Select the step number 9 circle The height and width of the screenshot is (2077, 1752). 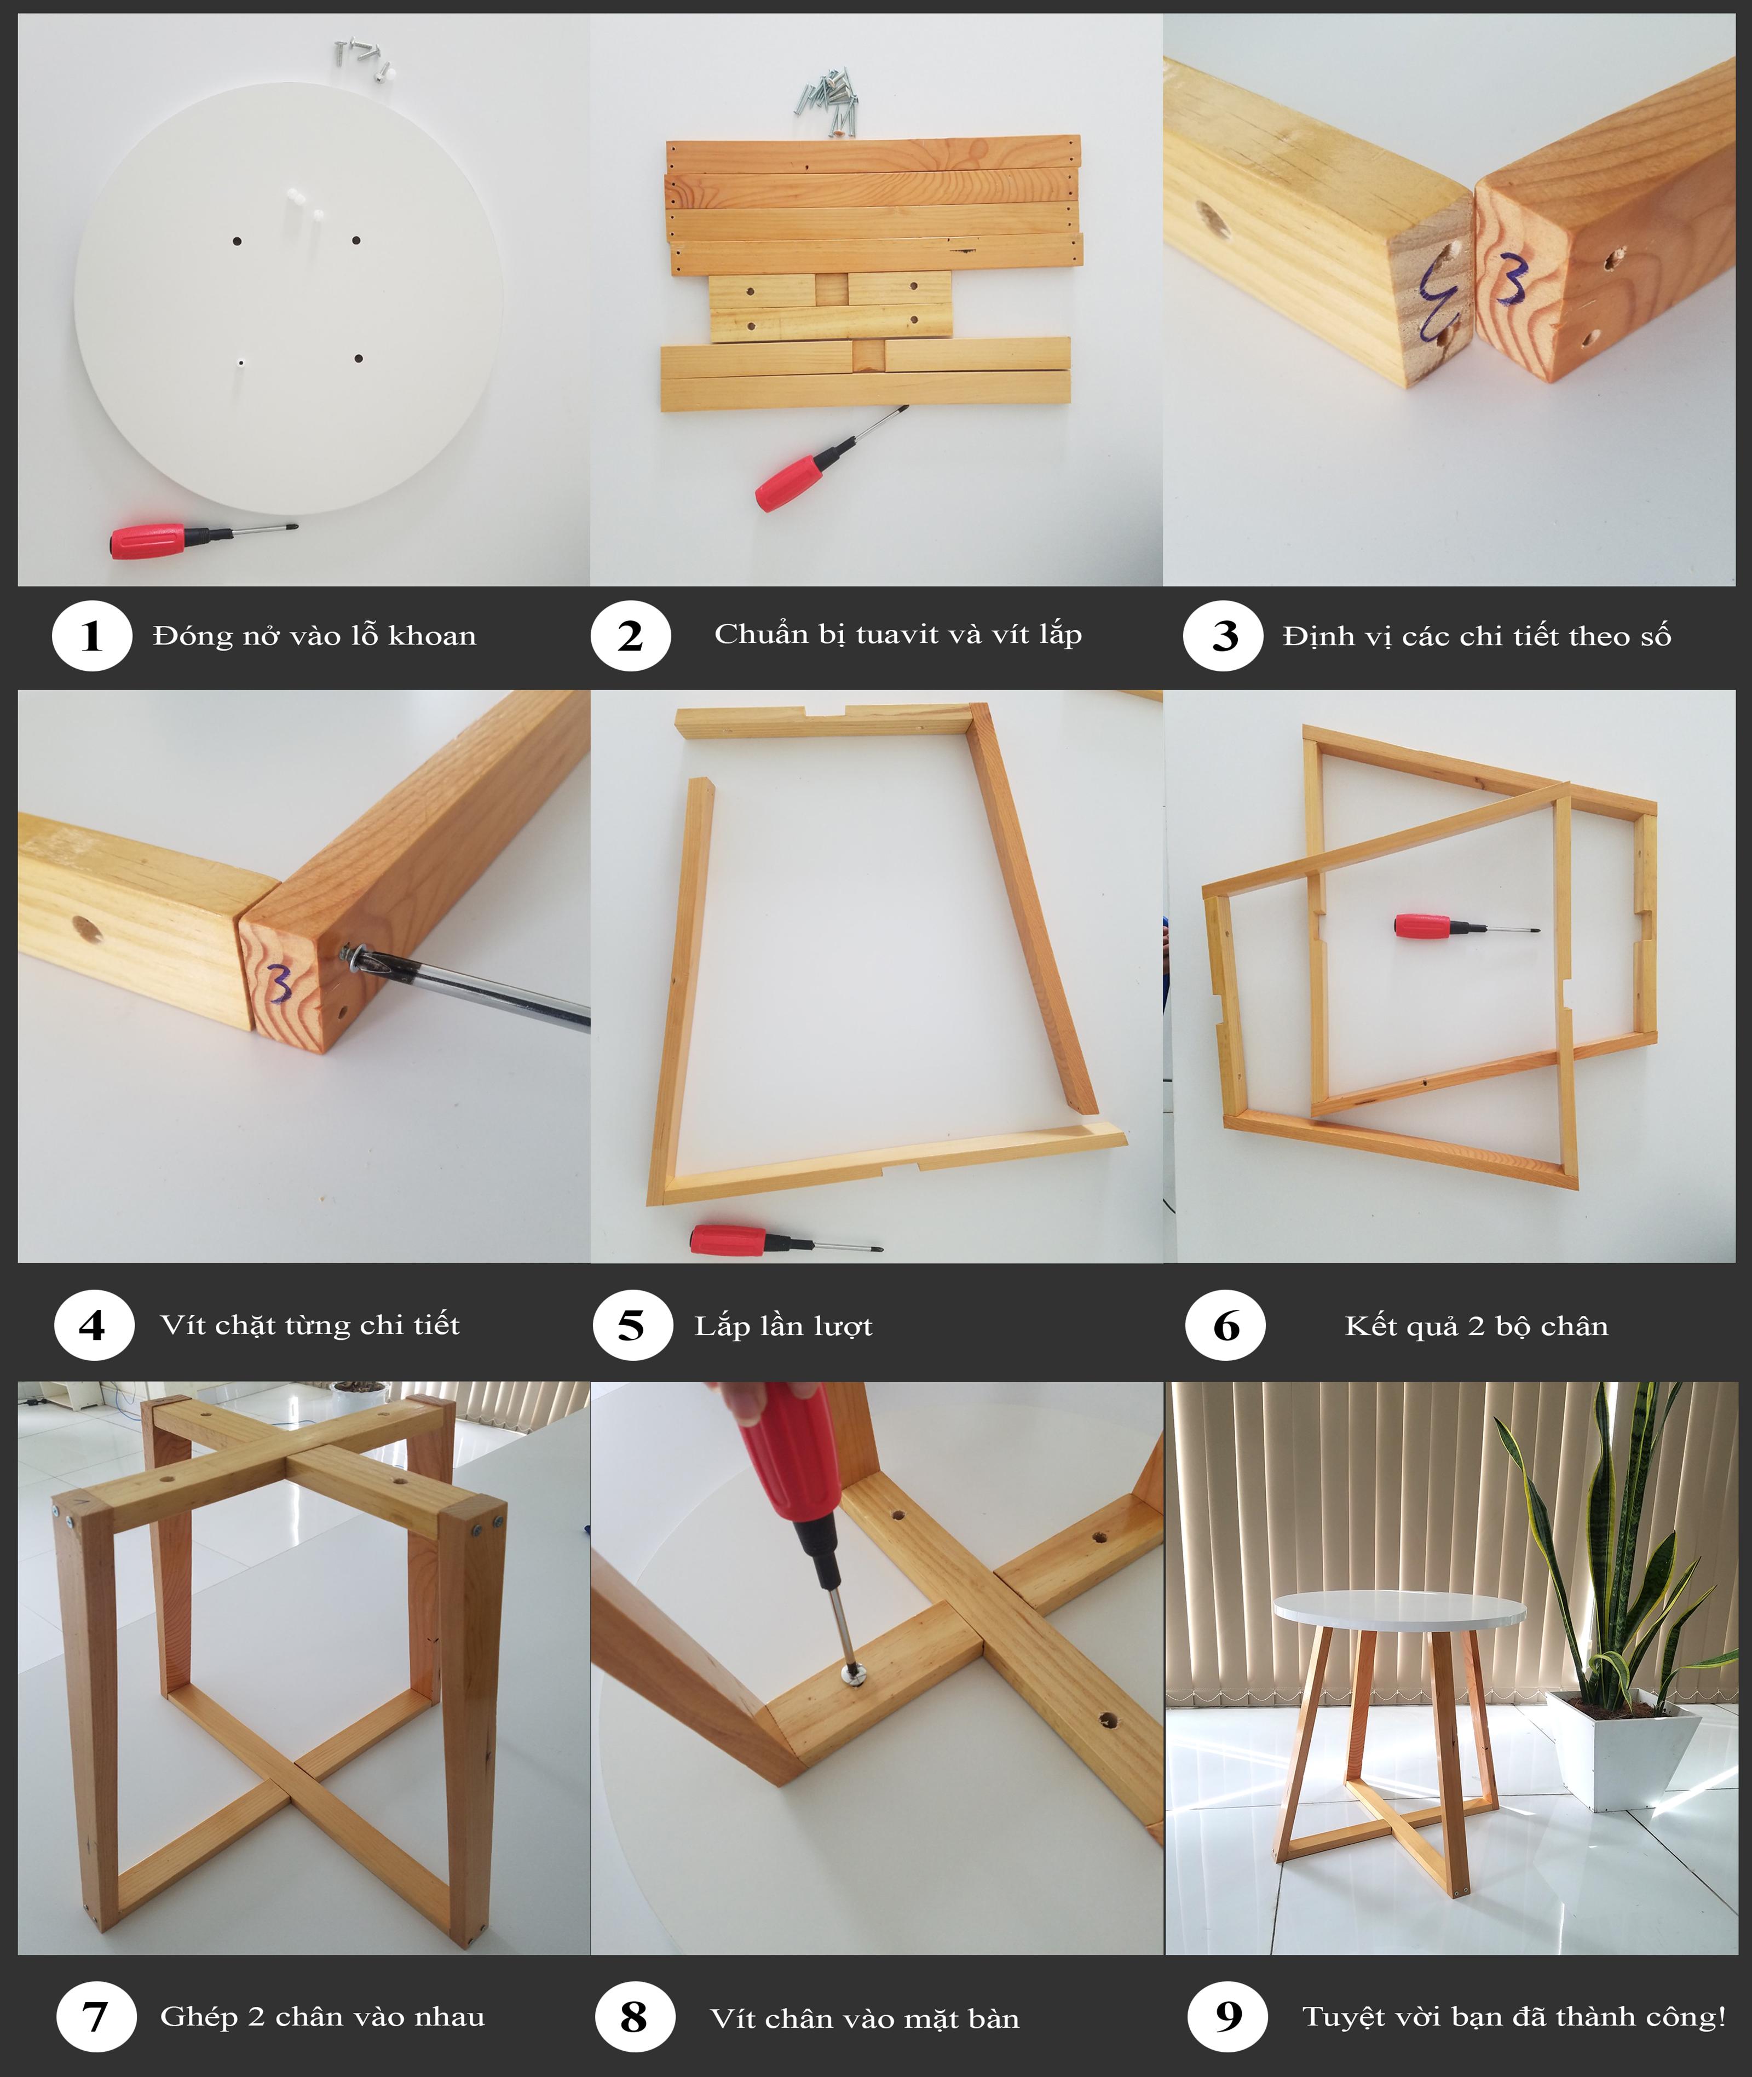point(1229,2016)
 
